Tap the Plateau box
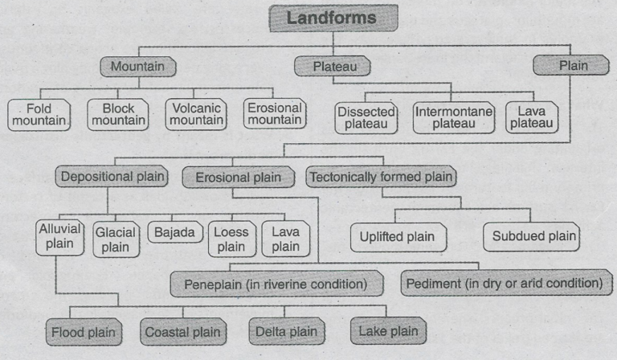click(335, 66)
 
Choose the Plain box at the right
click(573, 66)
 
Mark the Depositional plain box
click(112, 176)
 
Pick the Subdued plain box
click(530, 236)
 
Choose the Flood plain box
click(84, 330)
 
